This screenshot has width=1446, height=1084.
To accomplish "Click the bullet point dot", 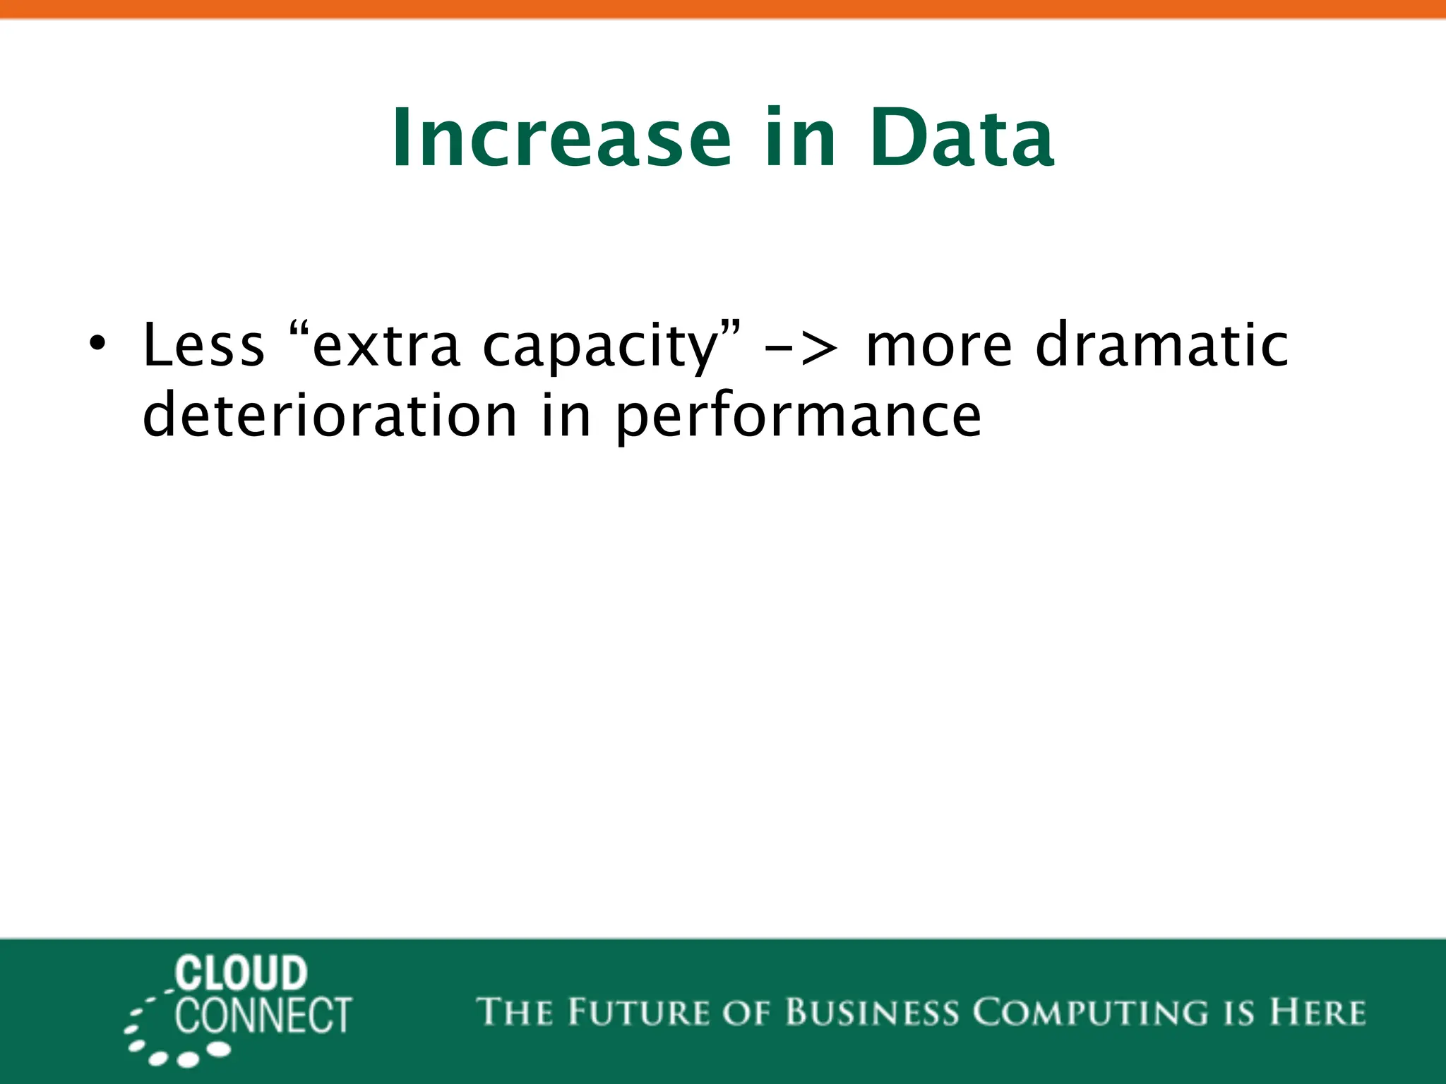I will pos(97,344).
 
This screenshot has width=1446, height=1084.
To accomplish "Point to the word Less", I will pos(203,346).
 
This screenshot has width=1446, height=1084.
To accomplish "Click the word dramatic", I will pos(1162,346).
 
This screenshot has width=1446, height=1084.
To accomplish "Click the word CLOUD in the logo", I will pos(241,975).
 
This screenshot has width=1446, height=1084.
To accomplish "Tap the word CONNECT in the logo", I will pos(263,1016).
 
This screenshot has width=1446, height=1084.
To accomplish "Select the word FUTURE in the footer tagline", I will pos(638,1012).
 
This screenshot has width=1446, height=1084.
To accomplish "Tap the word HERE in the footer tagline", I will pos(1317,1012).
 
